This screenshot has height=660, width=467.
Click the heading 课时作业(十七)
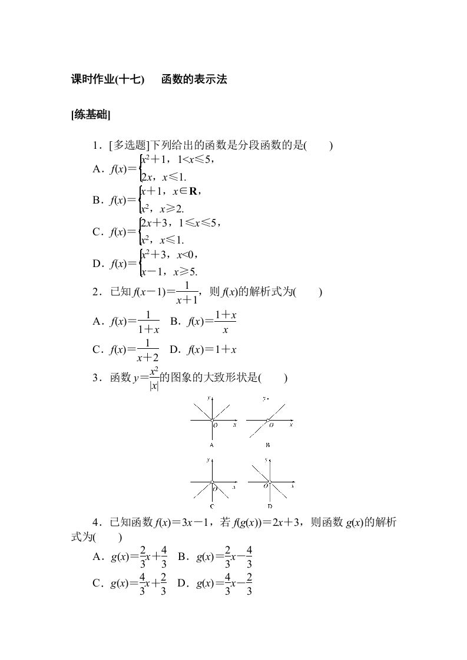pos(107,80)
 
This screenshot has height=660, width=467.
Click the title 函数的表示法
pos(194,80)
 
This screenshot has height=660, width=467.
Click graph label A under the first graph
pos(211,445)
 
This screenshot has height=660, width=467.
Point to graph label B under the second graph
pos(268,445)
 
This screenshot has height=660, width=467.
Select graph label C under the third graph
pos(211,506)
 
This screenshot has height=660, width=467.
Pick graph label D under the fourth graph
pos(269,506)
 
